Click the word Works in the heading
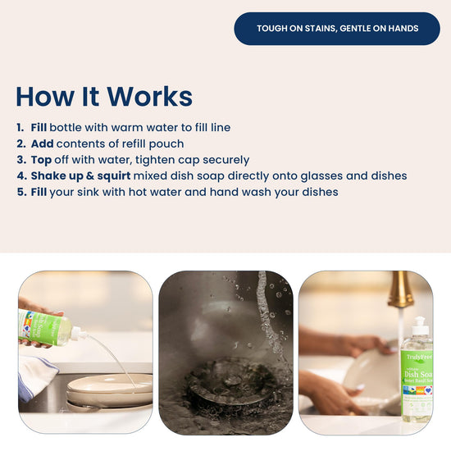click(x=149, y=97)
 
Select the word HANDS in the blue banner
click(x=403, y=29)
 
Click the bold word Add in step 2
click(x=43, y=143)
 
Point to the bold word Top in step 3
click(x=42, y=160)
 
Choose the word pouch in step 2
click(x=166, y=144)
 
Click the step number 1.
click(x=20, y=127)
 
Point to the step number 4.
click(x=21, y=175)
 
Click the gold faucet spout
click(x=401, y=290)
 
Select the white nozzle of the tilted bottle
click(x=79, y=334)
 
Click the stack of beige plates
click(x=110, y=391)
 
